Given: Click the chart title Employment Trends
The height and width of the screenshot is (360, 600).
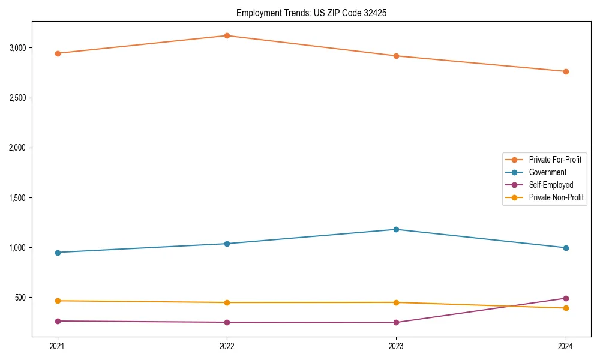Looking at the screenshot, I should pos(311,13).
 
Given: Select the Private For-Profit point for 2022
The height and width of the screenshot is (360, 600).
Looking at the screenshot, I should pos(227,35).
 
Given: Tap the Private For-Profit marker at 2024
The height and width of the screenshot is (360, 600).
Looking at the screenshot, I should pos(566,71).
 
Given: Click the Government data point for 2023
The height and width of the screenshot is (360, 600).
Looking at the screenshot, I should pos(396,229).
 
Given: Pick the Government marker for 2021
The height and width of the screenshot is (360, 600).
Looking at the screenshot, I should pos(58,253).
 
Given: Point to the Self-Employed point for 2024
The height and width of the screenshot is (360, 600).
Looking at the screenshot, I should pos(566,298).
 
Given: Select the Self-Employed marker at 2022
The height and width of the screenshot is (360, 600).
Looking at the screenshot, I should pos(227,322).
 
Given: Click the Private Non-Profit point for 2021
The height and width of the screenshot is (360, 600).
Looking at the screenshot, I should pos(58,301).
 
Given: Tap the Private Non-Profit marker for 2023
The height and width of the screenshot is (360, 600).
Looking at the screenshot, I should pos(396,302).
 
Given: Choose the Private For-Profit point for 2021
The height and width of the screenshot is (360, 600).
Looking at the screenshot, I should pos(58,53).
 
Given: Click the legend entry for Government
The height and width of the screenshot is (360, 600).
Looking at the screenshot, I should pos(547,172).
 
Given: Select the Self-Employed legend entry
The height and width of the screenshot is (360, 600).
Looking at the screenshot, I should pos(551,185).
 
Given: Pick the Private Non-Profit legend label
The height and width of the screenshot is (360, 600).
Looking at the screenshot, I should pos(556,197).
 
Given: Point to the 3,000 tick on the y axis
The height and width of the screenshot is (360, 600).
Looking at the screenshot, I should pos(21,48).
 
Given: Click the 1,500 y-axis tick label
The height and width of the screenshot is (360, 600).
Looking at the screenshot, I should pos(21,198).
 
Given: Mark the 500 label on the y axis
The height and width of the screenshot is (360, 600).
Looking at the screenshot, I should pos(25,298).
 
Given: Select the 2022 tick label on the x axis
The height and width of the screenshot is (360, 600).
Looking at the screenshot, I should pos(227,346).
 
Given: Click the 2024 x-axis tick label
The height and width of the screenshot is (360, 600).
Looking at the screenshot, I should pos(566,346).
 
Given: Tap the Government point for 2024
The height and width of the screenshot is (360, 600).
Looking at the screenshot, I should pos(566,248).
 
